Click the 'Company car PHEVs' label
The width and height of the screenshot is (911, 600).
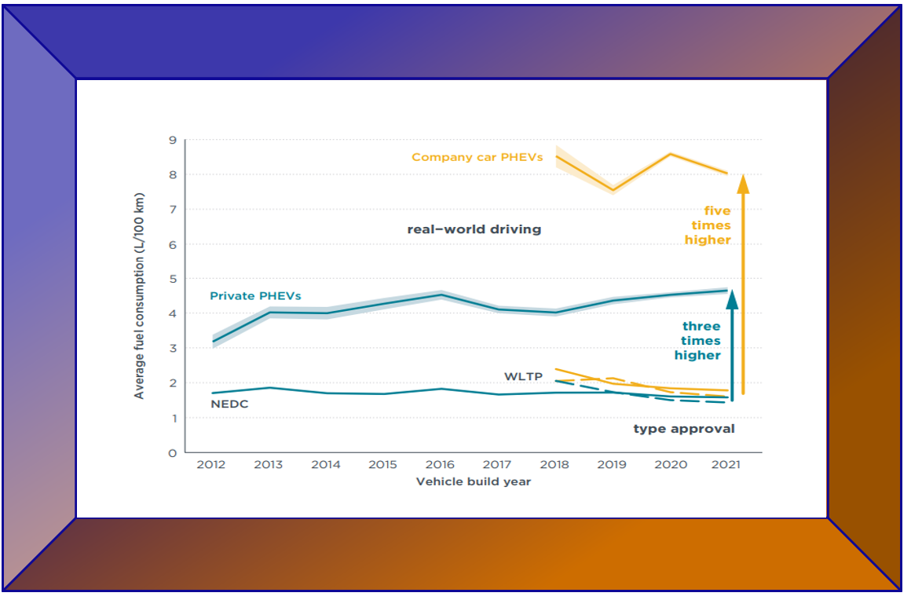[477, 157]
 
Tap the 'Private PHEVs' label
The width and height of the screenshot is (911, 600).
[255, 296]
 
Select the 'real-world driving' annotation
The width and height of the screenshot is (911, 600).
[474, 229]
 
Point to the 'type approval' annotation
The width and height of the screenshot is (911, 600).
[684, 429]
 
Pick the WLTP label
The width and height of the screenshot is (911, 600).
[523, 377]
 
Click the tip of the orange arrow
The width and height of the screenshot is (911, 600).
[743, 177]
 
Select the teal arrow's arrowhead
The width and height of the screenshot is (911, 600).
[732, 297]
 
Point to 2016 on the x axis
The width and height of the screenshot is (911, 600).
[440, 464]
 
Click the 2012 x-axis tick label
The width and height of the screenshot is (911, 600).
[211, 464]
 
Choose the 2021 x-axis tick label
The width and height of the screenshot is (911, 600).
[726, 464]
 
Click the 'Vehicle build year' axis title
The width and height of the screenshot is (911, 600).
[474, 481]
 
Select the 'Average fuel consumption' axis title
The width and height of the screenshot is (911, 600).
[139, 295]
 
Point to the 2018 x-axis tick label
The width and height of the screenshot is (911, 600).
[554, 464]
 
